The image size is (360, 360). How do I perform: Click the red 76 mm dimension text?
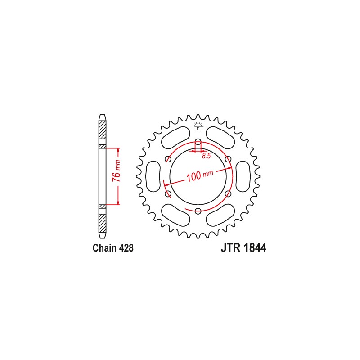116,171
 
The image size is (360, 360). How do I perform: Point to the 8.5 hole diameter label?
207,156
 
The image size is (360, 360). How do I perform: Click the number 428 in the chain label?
125,248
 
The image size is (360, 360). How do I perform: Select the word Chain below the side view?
103,248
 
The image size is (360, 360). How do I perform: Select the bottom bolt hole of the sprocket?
198,209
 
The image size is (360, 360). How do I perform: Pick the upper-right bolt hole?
228,159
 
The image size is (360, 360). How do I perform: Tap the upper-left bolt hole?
168,159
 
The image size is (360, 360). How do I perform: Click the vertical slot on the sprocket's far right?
243,176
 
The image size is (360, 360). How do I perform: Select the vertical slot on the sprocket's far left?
153,176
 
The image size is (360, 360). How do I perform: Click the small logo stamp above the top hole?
198,126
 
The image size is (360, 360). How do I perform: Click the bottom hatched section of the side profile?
103,220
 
